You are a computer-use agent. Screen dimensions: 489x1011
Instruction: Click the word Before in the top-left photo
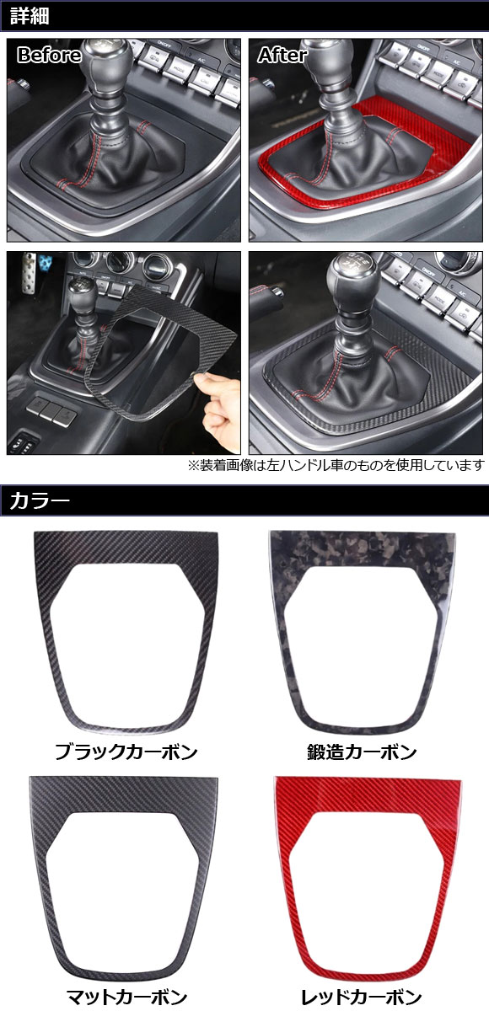pos(49,55)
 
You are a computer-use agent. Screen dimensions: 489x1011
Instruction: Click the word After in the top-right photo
pos(282,55)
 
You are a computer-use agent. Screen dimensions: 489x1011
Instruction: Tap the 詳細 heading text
pos(30,16)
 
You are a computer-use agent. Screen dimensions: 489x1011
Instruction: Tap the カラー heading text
pos(40,501)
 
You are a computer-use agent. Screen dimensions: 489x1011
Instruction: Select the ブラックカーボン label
pos(126,752)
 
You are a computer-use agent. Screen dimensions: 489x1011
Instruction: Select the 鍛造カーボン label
pos(362,752)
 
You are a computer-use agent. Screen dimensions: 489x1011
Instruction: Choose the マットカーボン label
pos(126,997)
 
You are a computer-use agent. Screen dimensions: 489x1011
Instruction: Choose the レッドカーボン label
pos(361,997)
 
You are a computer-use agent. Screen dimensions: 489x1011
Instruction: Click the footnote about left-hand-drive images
pos(336,465)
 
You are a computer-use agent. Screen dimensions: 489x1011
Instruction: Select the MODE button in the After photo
pos(436,73)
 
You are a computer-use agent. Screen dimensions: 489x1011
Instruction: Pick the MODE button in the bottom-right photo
pos(438,298)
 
